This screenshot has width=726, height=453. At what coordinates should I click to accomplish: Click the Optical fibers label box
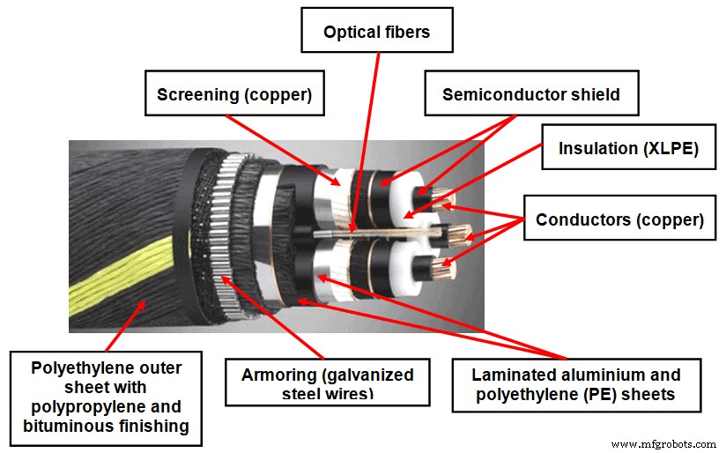point(376,33)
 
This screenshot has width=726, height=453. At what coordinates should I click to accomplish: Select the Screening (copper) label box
point(233,93)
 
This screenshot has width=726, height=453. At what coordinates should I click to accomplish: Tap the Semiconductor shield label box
point(530,93)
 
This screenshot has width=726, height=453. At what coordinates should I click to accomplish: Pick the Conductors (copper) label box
point(619,219)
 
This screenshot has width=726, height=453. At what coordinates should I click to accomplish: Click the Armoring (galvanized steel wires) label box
point(328,382)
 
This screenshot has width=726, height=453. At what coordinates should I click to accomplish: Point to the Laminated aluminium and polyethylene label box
point(576,385)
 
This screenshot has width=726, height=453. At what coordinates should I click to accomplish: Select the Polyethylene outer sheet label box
point(106,397)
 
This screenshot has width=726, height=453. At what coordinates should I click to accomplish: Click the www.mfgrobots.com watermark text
point(664,444)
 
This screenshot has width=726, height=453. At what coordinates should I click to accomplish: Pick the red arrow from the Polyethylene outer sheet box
point(123,326)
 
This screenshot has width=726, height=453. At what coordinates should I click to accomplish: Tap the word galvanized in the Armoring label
point(362,375)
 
